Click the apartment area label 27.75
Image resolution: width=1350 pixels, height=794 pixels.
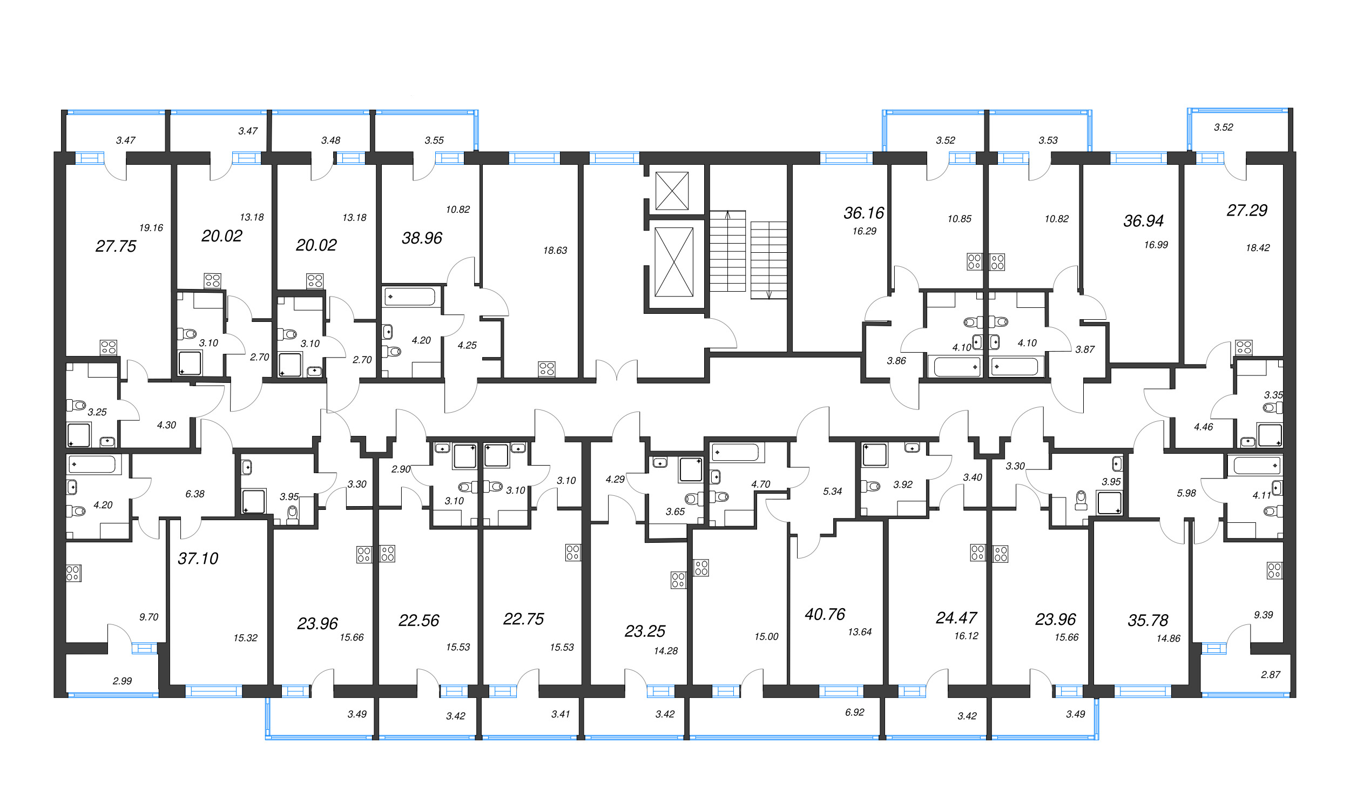(116, 246)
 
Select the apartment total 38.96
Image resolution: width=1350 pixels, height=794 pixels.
(422, 238)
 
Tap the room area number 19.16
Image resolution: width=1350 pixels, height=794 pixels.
(151, 228)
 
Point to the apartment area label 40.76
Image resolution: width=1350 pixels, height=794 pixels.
(825, 614)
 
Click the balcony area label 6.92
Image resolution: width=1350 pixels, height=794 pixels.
(854, 712)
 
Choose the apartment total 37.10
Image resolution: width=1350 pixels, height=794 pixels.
(198, 559)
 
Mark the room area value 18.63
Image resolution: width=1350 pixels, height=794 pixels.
(555, 251)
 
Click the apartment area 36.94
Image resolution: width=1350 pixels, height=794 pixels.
(1143, 221)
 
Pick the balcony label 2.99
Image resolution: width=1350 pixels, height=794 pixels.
(122, 681)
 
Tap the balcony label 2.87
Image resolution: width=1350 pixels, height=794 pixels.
(1271, 675)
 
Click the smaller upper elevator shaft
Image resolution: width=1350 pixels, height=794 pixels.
(672, 191)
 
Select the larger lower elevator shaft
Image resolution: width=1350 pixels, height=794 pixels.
(673, 262)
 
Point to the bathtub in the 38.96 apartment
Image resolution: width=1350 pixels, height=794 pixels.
(410, 297)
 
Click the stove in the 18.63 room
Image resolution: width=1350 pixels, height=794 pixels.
(546, 369)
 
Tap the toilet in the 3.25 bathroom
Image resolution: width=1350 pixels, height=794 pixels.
(76, 405)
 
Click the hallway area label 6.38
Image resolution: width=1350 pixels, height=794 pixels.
(195, 494)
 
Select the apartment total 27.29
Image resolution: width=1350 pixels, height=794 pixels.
(1247, 211)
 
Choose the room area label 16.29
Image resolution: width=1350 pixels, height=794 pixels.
(864, 231)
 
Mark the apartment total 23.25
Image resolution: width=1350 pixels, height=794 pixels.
(645, 631)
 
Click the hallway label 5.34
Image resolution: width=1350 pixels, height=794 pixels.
(832, 492)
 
